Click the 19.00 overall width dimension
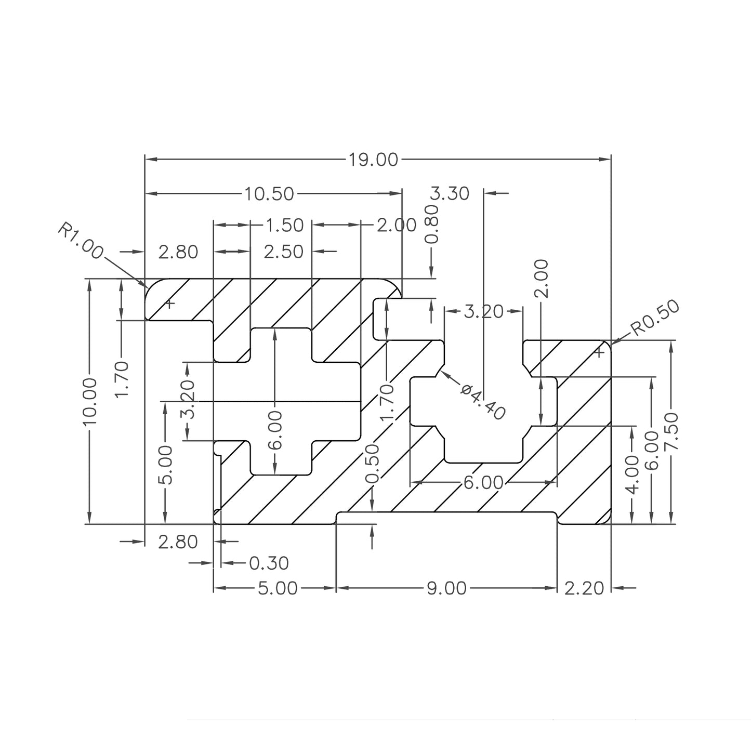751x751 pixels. pyautogui.click(x=373, y=160)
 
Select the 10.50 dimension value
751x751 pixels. pyautogui.click(x=269, y=194)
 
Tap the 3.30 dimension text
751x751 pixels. pyautogui.click(x=450, y=193)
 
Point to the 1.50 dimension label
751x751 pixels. pyautogui.click(x=284, y=225)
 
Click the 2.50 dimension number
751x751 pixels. pyautogui.click(x=283, y=252)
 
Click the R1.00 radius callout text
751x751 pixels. pyautogui.click(x=80, y=241)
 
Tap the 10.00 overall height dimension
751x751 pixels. pyautogui.click(x=90, y=401)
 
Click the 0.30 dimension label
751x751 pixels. pyautogui.click(x=269, y=563)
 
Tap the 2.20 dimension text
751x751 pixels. pyautogui.click(x=584, y=588)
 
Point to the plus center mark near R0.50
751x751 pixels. pyautogui.click(x=599, y=353)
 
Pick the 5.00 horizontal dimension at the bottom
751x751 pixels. pyautogui.click(x=278, y=588)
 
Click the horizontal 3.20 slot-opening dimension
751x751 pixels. pyautogui.click(x=483, y=312)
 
